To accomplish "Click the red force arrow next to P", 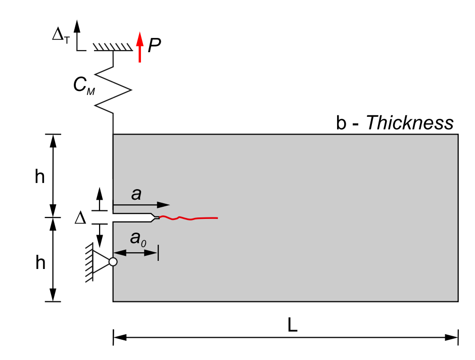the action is pyautogui.click(x=139, y=47).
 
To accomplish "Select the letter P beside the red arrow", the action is pyautogui.click(x=154, y=46).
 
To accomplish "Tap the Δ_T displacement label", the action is pyautogui.click(x=61, y=35).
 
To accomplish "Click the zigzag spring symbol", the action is pyautogui.click(x=113, y=90).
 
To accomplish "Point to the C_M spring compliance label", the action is pyautogui.click(x=84, y=85).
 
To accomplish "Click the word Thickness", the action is pyautogui.click(x=410, y=123).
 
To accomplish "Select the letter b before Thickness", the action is pyautogui.click(x=341, y=123).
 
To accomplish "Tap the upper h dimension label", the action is pyautogui.click(x=40, y=176).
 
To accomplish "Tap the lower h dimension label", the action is pyautogui.click(x=40, y=262).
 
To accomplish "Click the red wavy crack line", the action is pyautogui.click(x=188, y=218).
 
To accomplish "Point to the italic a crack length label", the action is pyautogui.click(x=136, y=194).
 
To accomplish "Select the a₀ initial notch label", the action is pyautogui.click(x=138, y=239).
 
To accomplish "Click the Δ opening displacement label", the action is pyautogui.click(x=80, y=218).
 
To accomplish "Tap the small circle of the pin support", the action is pyautogui.click(x=113, y=262).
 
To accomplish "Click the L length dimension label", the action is pyautogui.click(x=293, y=325).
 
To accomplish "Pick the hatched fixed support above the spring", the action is pyautogui.click(x=113, y=47).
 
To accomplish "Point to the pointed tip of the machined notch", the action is pyautogui.click(x=159, y=217).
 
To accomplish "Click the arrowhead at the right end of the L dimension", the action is pyautogui.click(x=452, y=337).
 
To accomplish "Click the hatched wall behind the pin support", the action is pyautogui.click(x=89, y=262).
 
